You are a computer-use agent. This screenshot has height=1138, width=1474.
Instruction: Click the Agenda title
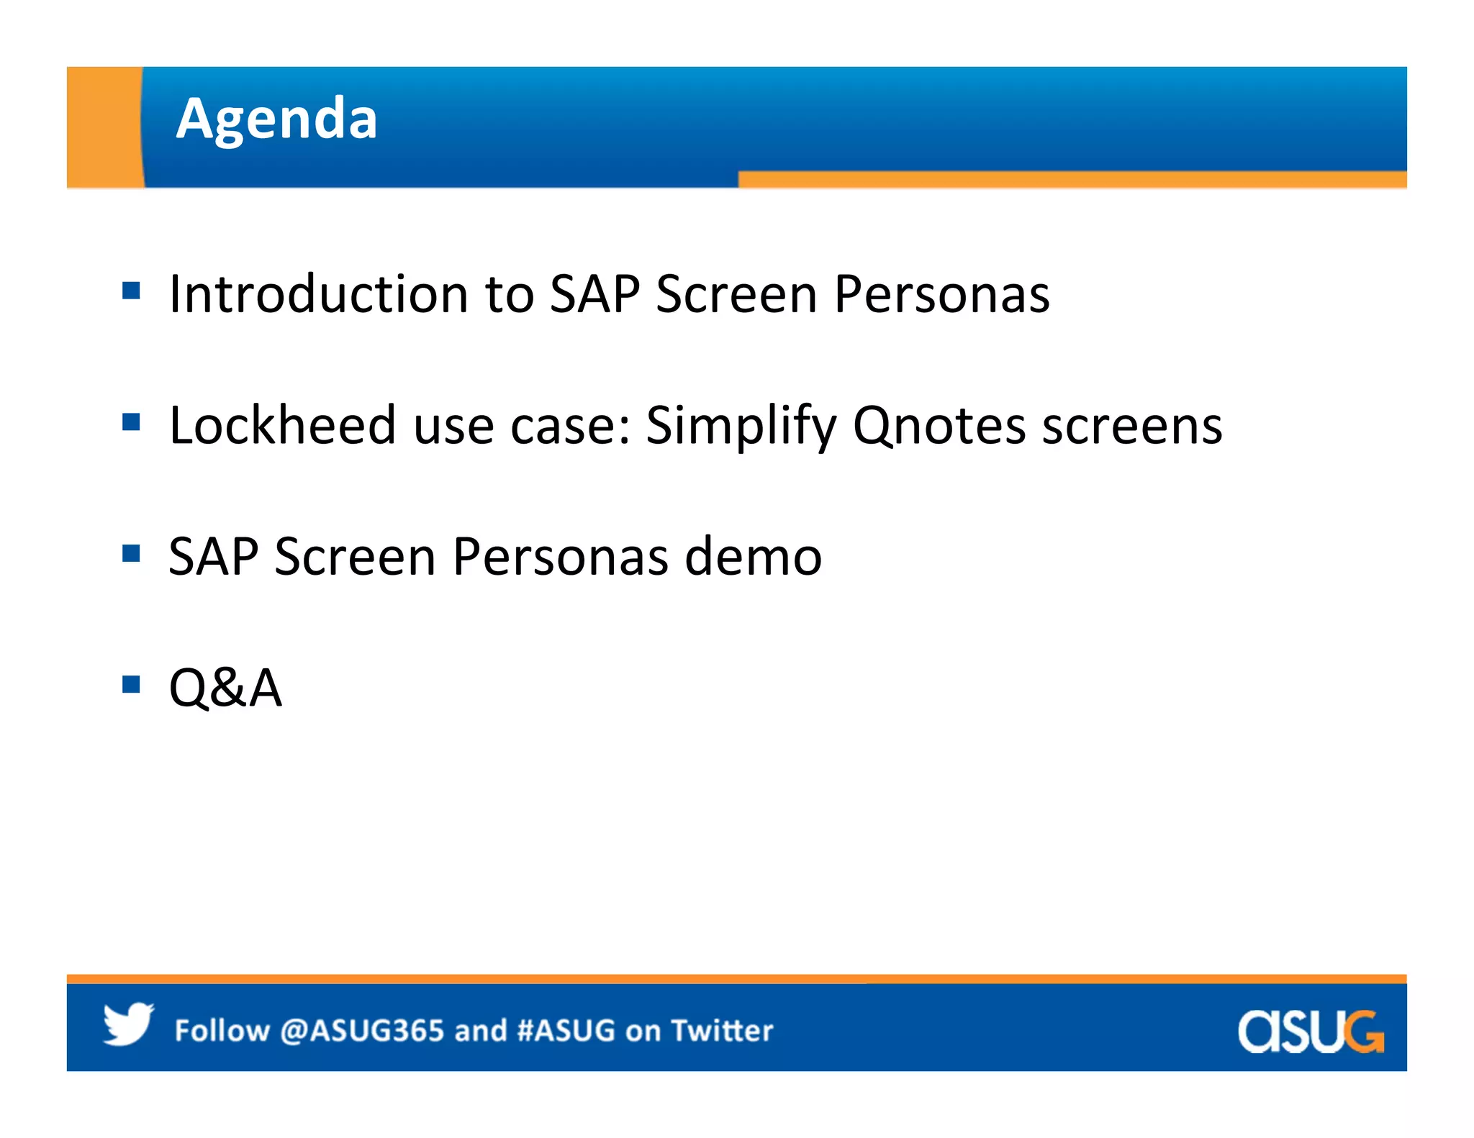tap(276, 119)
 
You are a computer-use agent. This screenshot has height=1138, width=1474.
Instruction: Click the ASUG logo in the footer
tap(1310, 1032)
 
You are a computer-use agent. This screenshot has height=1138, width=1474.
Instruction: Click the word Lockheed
tap(282, 425)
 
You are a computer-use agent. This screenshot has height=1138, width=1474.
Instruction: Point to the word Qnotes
tap(939, 427)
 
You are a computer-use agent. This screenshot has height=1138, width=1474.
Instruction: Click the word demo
tap(753, 557)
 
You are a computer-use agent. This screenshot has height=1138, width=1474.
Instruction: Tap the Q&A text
tap(225, 688)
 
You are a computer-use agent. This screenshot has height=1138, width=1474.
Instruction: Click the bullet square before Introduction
tap(131, 291)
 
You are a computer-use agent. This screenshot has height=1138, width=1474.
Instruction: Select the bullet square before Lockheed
tap(131, 422)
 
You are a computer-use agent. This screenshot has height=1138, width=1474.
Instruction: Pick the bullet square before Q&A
tap(131, 683)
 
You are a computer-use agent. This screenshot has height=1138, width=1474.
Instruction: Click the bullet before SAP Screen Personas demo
tap(131, 553)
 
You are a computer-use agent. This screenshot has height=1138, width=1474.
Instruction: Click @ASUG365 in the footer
tap(362, 1031)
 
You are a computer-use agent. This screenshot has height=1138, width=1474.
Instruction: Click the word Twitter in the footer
tap(722, 1031)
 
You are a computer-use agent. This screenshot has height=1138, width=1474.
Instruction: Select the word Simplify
tap(741, 427)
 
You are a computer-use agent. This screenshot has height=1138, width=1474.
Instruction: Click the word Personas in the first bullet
tap(941, 294)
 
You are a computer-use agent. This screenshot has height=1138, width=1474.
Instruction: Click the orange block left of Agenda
tap(104, 127)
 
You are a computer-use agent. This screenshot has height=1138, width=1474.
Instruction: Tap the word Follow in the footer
tap(222, 1031)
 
